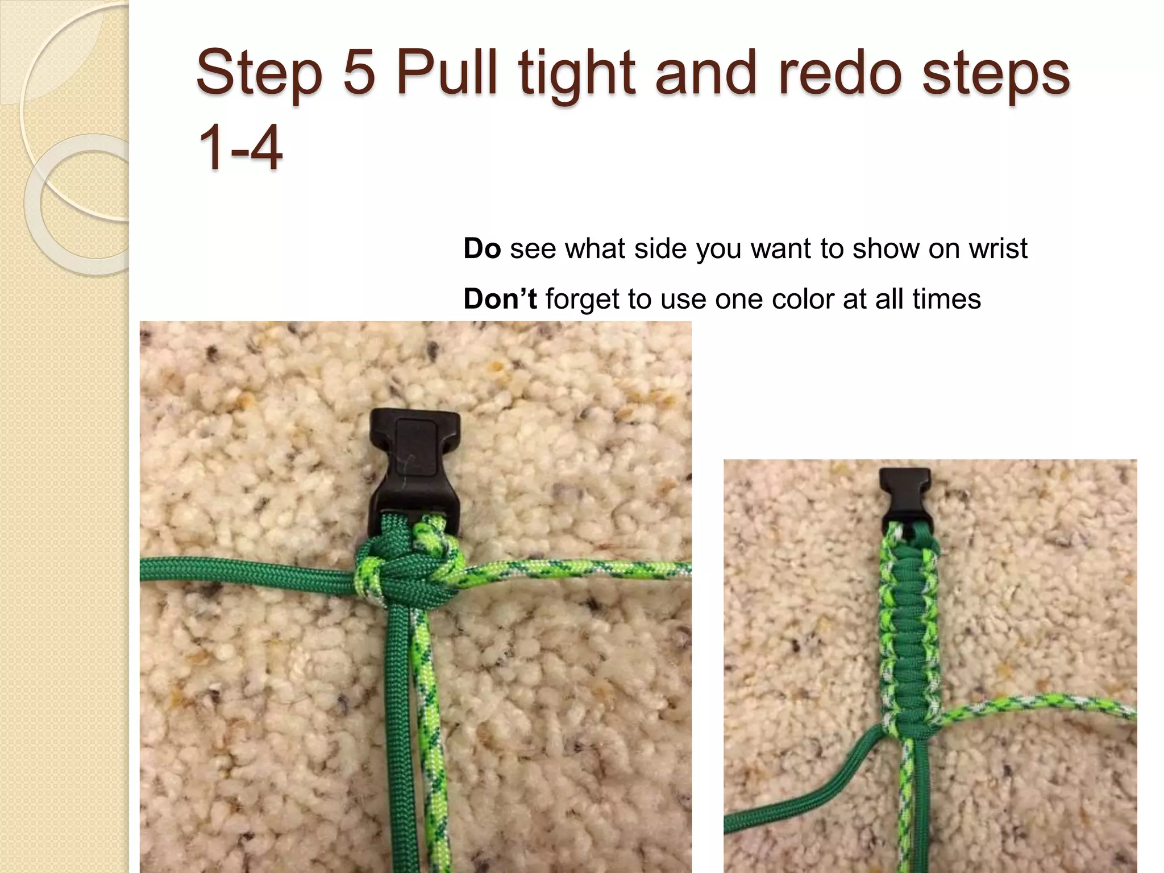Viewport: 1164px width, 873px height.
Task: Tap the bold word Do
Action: pos(482,248)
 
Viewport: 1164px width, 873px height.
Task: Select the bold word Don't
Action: pos(500,299)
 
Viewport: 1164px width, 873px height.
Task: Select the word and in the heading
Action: pos(705,74)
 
